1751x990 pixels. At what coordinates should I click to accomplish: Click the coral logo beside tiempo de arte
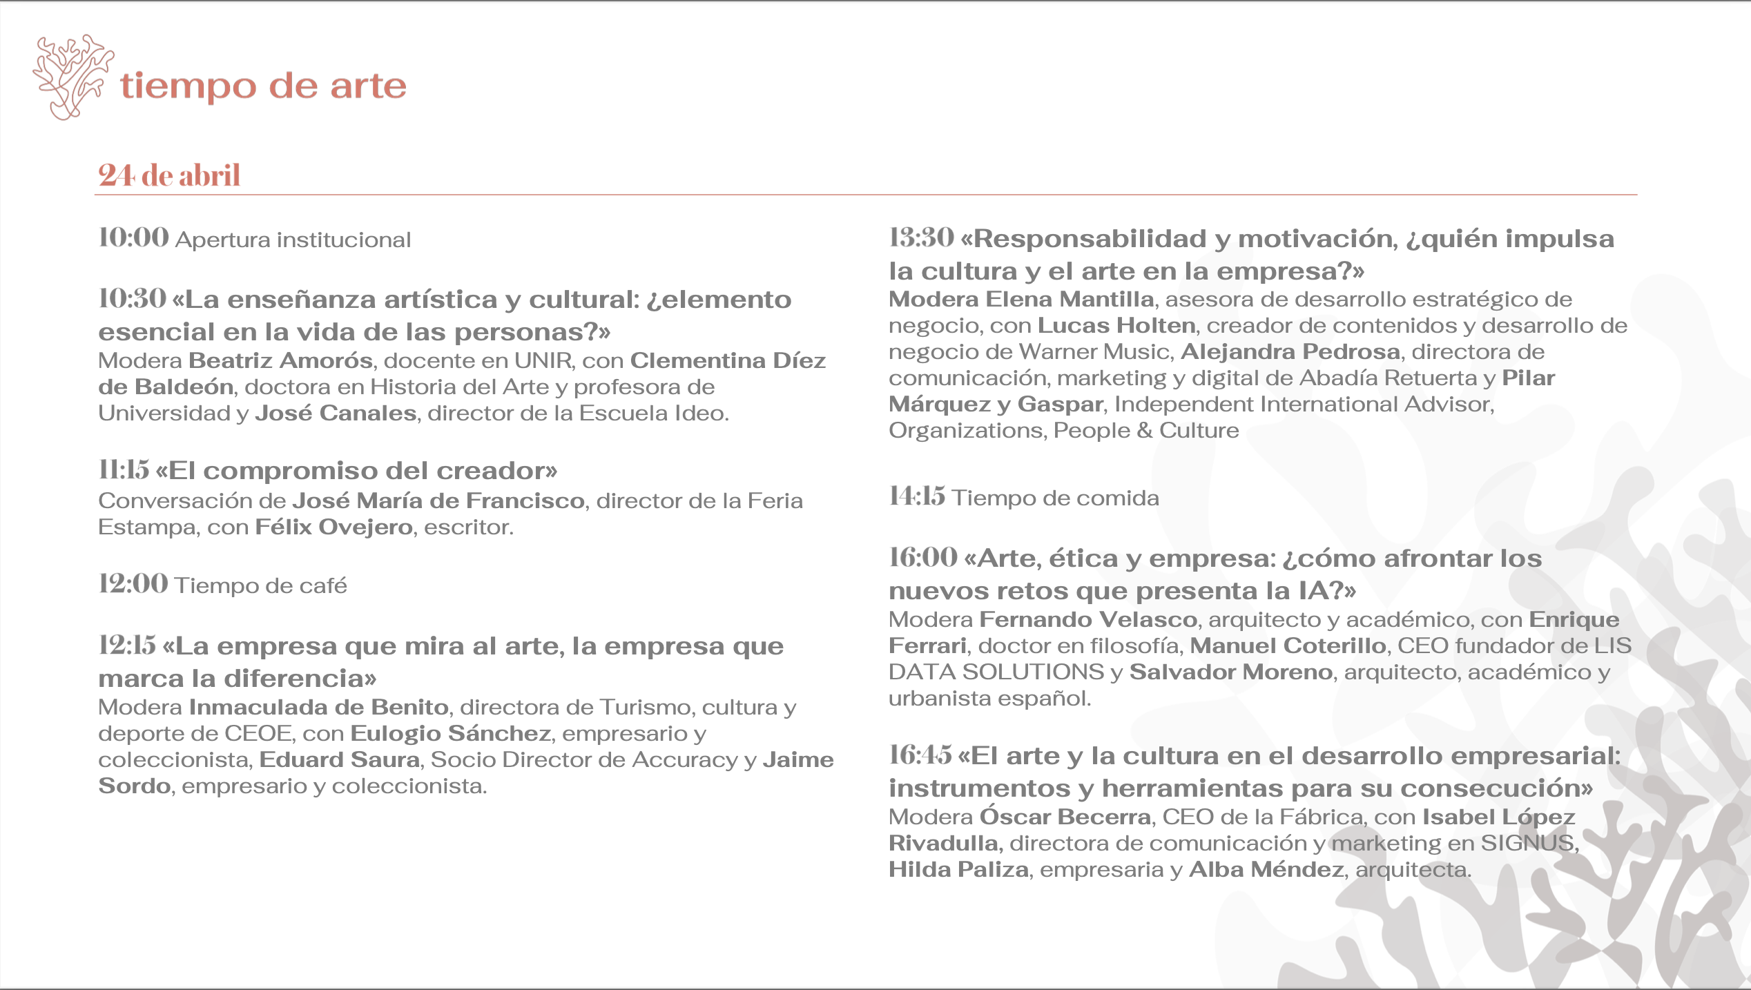click(x=72, y=76)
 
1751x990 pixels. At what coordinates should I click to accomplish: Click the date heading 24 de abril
click(x=169, y=175)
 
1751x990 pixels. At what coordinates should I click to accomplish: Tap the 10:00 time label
click(x=133, y=237)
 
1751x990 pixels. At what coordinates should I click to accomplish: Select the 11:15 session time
click(x=124, y=470)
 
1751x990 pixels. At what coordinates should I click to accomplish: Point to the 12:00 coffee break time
click(x=133, y=584)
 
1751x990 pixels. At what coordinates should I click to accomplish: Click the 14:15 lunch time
click(x=916, y=496)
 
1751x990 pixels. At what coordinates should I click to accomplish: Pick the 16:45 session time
click(x=920, y=755)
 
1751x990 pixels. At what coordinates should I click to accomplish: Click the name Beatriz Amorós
click(x=280, y=360)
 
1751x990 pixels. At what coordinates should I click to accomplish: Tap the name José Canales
click(x=336, y=413)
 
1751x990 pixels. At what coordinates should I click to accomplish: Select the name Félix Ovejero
click(x=333, y=527)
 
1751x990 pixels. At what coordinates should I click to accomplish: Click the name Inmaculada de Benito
click(x=319, y=707)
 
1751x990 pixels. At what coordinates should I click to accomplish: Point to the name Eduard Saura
click(x=340, y=759)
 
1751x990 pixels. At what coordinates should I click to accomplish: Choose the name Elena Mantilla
click(x=1070, y=299)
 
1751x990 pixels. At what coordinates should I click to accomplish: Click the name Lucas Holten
click(x=1116, y=325)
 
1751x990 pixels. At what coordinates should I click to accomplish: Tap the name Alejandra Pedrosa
click(x=1290, y=351)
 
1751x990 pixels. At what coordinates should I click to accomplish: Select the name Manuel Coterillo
click(x=1288, y=646)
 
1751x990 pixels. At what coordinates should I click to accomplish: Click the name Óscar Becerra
click(x=1065, y=817)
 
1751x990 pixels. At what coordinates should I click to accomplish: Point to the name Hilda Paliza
click(x=958, y=869)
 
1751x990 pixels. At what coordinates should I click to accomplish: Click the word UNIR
click(x=543, y=360)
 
